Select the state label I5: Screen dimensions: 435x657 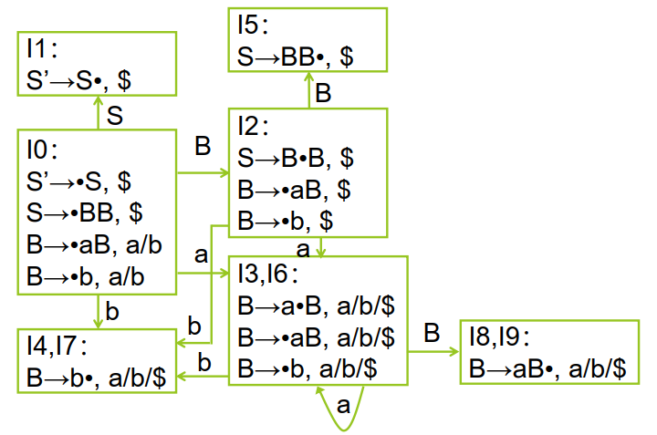tap(255, 27)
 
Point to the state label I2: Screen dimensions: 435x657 tap(255, 127)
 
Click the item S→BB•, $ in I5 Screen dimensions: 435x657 tap(297, 56)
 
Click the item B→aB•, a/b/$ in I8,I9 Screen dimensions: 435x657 tap(548, 368)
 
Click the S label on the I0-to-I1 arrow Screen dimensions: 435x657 tap(116, 115)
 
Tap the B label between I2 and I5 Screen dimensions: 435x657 tap(323, 93)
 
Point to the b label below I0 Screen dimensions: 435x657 tap(112, 312)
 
